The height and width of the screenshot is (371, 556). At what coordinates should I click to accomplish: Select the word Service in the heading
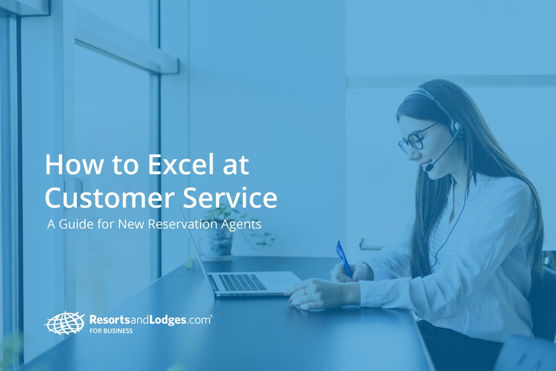[x=230, y=197]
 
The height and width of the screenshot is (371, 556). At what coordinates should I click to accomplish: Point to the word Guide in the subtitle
[x=76, y=224]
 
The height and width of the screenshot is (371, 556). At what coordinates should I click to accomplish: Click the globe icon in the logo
[x=64, y=323]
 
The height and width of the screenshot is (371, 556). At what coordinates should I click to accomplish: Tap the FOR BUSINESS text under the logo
[x=111, y=331]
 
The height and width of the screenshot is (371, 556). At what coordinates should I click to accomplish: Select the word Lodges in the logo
[x=166, y=320]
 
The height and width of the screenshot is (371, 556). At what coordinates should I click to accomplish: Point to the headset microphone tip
[x=429, y=166]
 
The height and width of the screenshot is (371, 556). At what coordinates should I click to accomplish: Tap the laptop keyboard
[x=242, y=283]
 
